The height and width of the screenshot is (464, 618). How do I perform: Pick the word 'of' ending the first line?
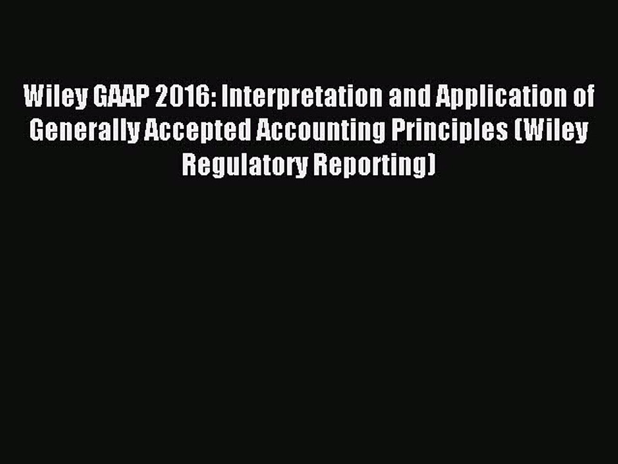pyautogui.click(x=583, y=98)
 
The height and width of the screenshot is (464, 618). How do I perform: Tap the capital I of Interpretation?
pyautogui.click(x=220, y=98)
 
